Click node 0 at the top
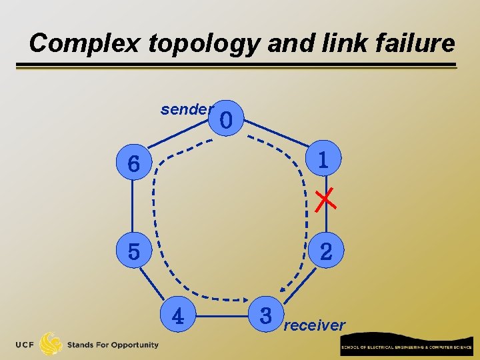(226, 120)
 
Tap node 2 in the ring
(326, 251)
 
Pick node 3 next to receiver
(266, 315)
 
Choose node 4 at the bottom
(178, 315)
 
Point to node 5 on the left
(134, 251)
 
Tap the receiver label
(315, 325)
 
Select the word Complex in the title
(84, 43)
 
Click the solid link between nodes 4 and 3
(221, 314)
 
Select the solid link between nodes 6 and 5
(133, 207)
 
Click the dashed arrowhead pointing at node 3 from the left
(245, 297)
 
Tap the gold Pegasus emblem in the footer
(51, 345)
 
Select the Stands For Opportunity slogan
(113, 345)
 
